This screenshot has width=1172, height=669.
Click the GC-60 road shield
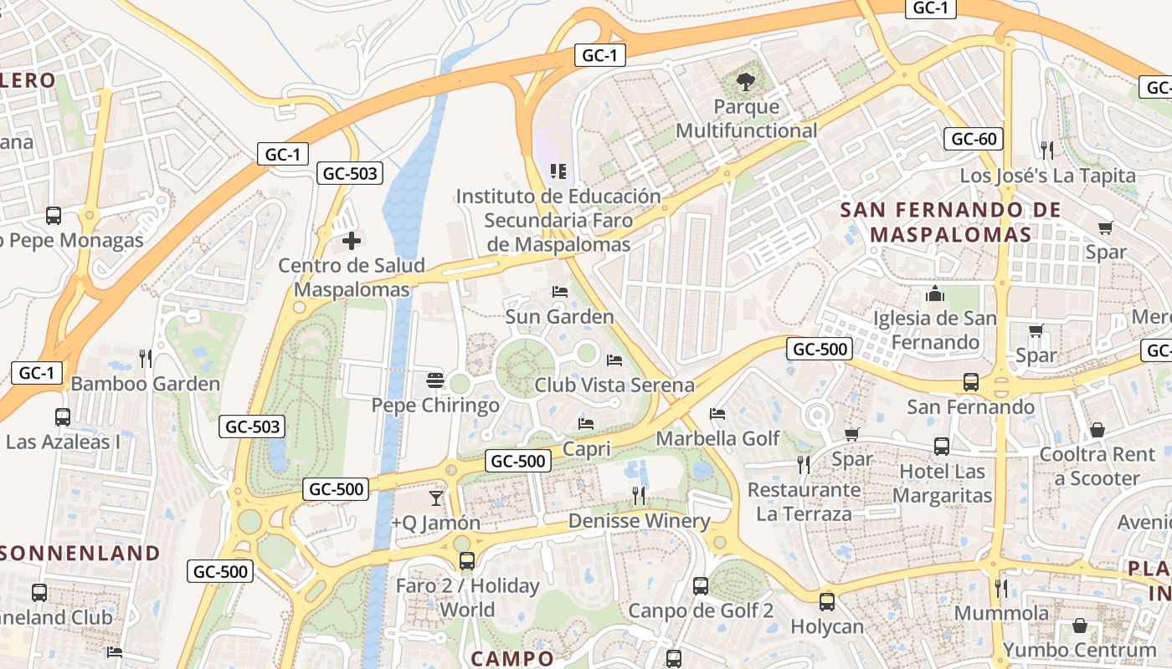pos(974,139)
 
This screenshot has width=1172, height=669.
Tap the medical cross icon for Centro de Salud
pos(352,242)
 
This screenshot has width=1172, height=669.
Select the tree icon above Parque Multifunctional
pos(745,82)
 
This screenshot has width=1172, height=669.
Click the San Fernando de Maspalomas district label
pos(950,222)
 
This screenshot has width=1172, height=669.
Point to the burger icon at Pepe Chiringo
pos(434,380)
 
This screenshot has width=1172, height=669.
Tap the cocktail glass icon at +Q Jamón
pos(435,498)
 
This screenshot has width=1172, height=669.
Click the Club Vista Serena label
pos(614,385)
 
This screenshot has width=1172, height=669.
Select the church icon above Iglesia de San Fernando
pos(935,294)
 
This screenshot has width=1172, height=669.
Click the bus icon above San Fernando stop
pos(970,382)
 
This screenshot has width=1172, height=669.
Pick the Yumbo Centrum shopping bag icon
pos(1080,626)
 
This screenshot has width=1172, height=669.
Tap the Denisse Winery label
pos(639,521)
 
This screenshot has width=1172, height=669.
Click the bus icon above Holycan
pos(827,601)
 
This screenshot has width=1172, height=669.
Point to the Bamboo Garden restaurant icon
pos(146,359)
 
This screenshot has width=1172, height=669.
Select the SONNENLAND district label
pos(80,553)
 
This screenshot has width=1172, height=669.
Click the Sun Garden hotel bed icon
pos(560,292)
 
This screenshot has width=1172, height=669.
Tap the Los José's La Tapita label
pos(1047,176)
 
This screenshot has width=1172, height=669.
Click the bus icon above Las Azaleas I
pos(62,416)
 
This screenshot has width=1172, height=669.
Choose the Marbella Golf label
pos(717,438)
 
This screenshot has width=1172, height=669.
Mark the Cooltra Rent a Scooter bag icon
pos(1097,430)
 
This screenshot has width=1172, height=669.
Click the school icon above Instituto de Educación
pos(558,171)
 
